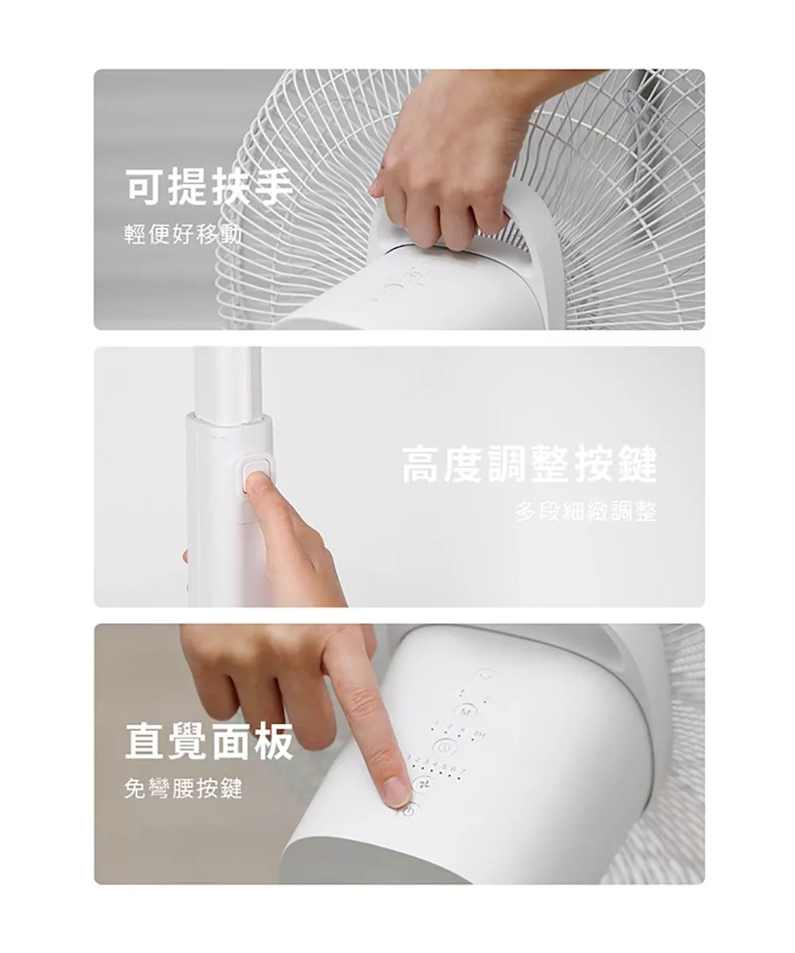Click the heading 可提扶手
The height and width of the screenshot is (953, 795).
tap(209, 187)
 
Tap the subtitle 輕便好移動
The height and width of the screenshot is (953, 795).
tap(184, 234)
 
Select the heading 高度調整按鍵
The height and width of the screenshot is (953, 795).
tap(529, 465)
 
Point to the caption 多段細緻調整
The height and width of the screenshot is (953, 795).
tap(585, 512)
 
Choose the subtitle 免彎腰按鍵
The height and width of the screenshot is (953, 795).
tap(184, 789)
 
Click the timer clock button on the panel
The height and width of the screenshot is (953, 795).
tap(444, 747)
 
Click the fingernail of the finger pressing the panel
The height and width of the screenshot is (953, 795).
tap(394, 791)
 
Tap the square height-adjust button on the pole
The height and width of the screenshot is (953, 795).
tap(255, 475)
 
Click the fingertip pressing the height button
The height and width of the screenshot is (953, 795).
tap(256, 482)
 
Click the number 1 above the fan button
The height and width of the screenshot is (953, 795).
tap(407, 761)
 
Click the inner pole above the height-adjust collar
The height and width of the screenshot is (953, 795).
tap(228, 377)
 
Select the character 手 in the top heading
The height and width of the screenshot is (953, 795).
tap(271, 187)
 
